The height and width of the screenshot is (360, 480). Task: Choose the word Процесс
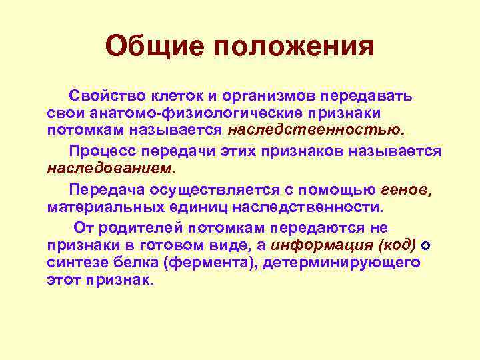[107, 151]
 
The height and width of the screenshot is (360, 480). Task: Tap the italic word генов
[406, 189]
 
